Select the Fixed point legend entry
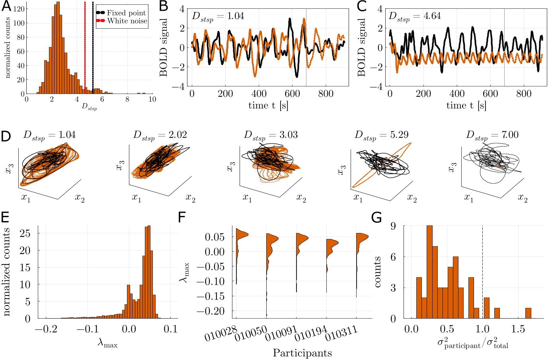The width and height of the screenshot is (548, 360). click(x=126, y=13)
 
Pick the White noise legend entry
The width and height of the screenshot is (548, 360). click(x=127, y=21)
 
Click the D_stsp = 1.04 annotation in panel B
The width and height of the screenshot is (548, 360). click(x=218, y=16)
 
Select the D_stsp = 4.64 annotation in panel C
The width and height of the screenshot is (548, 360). click(x=415, y=16)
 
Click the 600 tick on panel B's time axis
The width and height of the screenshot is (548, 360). click(x=293, y=94)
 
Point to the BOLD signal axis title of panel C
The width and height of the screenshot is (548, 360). click(x=361, y=47)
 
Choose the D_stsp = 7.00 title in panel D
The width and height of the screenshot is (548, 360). click(x=492, y=135)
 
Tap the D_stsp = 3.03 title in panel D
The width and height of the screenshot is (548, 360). click(x=271, y=135)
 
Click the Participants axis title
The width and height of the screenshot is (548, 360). click(x=302, y=352)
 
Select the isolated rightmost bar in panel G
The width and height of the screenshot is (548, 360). click(x=528, y=313)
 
